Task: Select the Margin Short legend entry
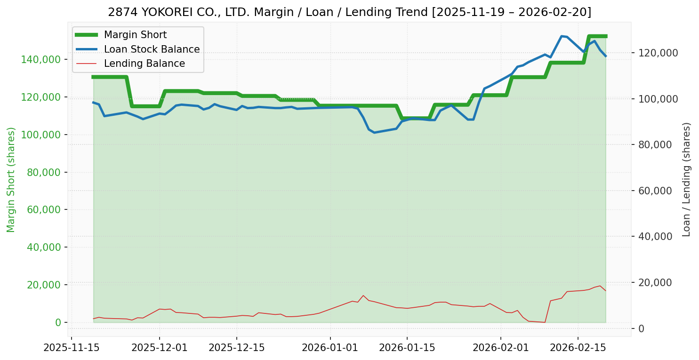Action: coord(135,35)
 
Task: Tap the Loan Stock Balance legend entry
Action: coord(152,49)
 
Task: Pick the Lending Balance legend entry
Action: coord(144,64)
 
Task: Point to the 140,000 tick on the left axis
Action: coord(42,59)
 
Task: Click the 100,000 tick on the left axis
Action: coord(42,135)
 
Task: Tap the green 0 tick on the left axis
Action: coord(58,322)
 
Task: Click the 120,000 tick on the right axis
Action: coord(658,53)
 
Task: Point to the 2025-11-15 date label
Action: coord(72,348)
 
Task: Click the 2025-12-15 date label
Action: coord(236,348)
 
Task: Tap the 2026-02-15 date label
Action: coord(578,348)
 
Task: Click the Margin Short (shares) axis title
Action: coord(11,179)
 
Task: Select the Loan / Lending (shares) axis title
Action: coord(686,179)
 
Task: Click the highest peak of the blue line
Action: coord(562,36)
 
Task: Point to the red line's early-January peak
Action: coord(363,296)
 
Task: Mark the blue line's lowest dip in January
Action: coord(374,133)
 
